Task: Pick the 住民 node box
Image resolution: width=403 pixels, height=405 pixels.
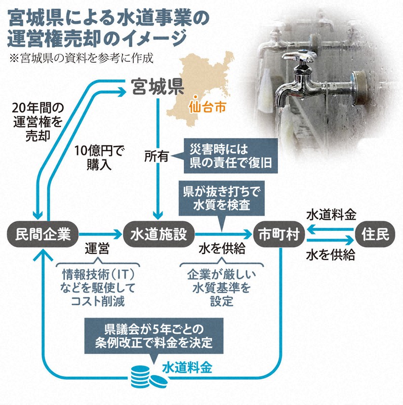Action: [374, 234]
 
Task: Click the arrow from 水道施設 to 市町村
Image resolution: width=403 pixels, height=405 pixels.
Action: [223, 234]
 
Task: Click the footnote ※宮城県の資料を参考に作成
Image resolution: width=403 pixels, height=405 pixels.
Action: [80, 57]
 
